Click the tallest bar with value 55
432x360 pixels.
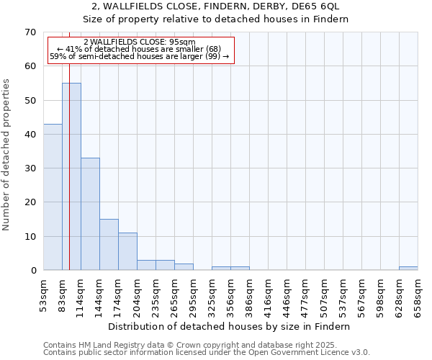pos(71,176)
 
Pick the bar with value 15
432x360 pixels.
pos(109,245)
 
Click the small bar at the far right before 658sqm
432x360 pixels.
pos(408,269)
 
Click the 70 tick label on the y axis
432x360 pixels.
pos(30,32)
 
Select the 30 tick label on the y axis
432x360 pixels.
pos(30,168)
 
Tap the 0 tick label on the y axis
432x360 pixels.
pos(32,271)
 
